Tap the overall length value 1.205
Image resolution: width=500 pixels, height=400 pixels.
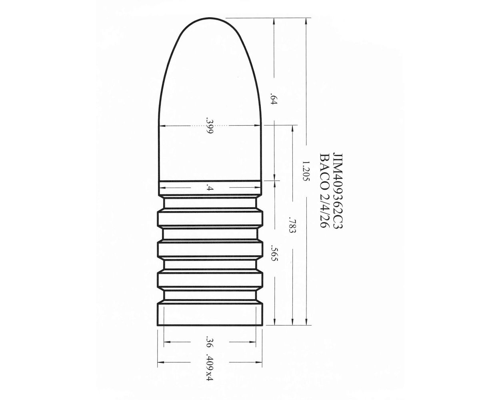tap(306, 171)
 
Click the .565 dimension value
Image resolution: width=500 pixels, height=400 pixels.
tap(274, 253)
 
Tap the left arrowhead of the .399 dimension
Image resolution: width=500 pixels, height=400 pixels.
tap(162, 126)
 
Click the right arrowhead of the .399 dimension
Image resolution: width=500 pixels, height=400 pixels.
tap(258, 126)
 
